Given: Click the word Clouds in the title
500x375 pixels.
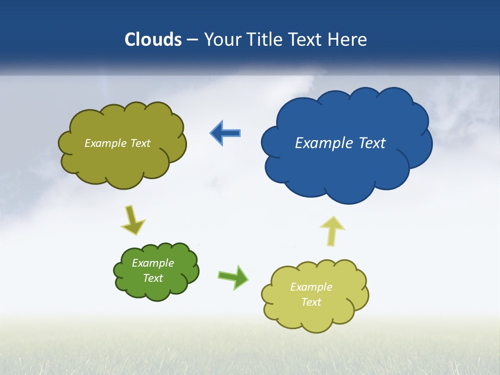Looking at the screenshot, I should tap(153, 40).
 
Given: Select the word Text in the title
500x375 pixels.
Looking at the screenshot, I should tap(305, 40).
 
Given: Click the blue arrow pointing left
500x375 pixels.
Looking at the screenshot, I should tap(225, 133).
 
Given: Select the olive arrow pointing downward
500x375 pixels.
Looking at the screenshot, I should tap(132, 221).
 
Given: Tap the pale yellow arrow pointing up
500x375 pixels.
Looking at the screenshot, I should tap(332, 230).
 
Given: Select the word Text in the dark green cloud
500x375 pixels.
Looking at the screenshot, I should tap(153, 278).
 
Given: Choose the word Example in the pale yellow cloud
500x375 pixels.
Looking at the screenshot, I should tap(311, 287).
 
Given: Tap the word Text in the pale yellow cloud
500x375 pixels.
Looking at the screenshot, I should tap(311, 302).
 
